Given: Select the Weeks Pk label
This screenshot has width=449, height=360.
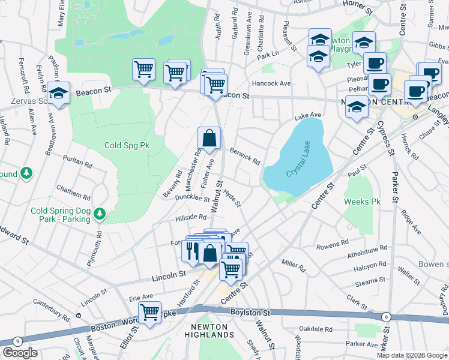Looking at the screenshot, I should [363, 202].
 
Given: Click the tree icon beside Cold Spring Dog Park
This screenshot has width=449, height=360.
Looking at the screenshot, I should [100, 214].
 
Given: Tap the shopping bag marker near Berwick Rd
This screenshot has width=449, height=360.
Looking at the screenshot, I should [209, 139].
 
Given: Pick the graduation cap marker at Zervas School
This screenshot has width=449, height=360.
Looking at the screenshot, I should [58, 94].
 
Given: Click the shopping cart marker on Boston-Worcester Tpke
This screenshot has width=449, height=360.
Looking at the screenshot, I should [149, 312].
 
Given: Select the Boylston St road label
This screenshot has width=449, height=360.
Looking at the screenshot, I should [252, 313].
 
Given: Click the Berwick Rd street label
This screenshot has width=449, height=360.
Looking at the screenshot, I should [245, 157].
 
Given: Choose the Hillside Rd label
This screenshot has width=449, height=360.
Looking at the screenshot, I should [191, 217].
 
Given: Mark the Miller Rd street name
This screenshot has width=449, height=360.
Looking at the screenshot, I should [294, 266].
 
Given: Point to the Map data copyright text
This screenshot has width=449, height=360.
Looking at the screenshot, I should [412, 355].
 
